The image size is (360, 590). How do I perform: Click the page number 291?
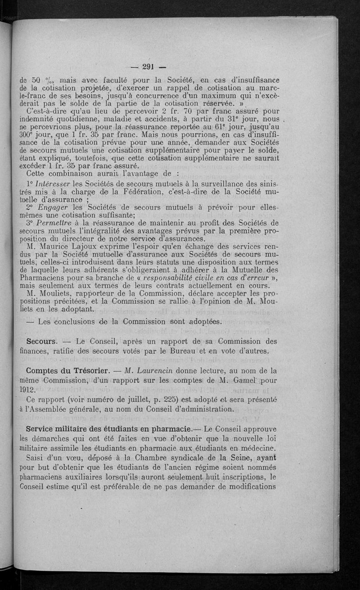click(148, 68)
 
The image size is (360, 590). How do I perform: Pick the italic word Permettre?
click(57, 223)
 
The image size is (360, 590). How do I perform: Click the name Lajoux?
click(100, 247)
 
